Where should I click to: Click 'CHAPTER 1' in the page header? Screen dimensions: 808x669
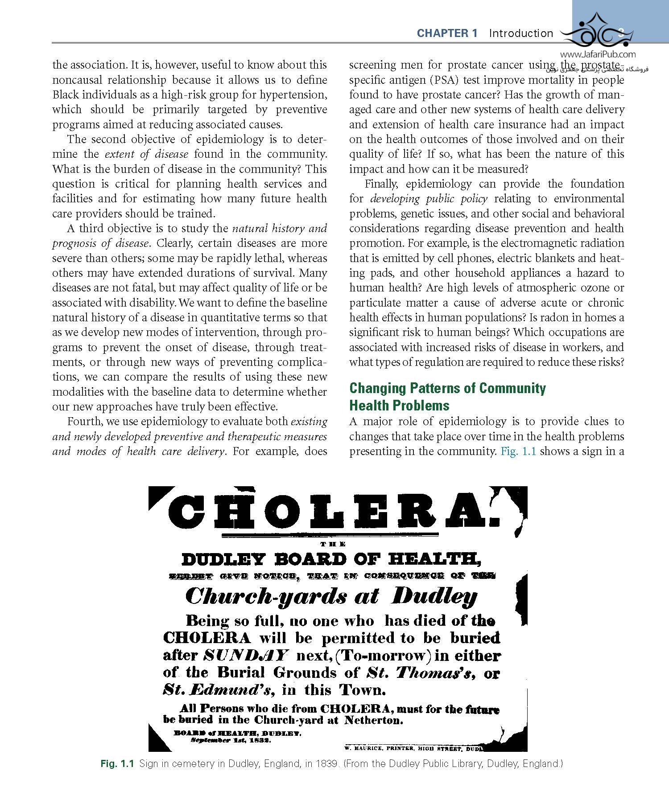point(447,33)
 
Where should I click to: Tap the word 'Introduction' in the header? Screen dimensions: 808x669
point(521,33)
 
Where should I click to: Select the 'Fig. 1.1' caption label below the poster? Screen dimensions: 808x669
point(117,764)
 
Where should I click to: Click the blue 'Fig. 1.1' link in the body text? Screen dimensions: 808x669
point(518,451)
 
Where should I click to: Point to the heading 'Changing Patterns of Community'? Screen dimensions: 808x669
point(447,388)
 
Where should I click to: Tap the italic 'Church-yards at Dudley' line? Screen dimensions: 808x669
point(331,596)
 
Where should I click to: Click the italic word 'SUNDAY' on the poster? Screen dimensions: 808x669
point(246,656)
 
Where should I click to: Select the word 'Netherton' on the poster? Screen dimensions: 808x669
point(373,720)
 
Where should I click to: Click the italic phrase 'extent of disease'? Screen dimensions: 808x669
point(146,154)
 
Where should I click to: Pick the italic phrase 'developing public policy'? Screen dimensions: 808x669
point(429,199)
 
